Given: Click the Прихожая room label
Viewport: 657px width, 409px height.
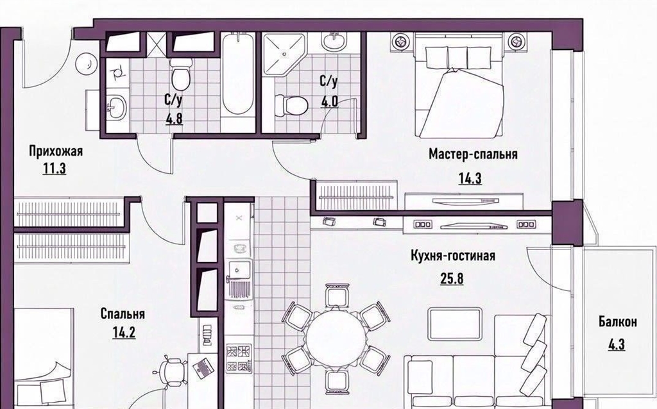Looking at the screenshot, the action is [56, 151].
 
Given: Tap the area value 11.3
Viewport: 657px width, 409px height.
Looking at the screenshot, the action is [55, 169].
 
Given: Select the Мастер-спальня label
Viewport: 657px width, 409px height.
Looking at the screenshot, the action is [473, 154].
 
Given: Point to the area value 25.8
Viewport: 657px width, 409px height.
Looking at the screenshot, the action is [452, 278].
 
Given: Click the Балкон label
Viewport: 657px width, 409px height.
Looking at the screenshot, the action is [618, 322].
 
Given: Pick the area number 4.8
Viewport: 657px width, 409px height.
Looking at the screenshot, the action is [174, 119].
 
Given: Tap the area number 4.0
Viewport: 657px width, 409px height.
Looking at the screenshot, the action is [329, 102].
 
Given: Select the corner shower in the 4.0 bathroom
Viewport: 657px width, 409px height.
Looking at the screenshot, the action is [284, 54].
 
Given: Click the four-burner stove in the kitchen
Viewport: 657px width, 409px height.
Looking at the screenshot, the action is [239, 358].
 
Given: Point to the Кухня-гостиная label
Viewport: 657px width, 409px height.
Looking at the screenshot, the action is [452, 256].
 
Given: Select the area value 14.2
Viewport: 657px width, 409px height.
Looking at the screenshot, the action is [124, 332].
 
